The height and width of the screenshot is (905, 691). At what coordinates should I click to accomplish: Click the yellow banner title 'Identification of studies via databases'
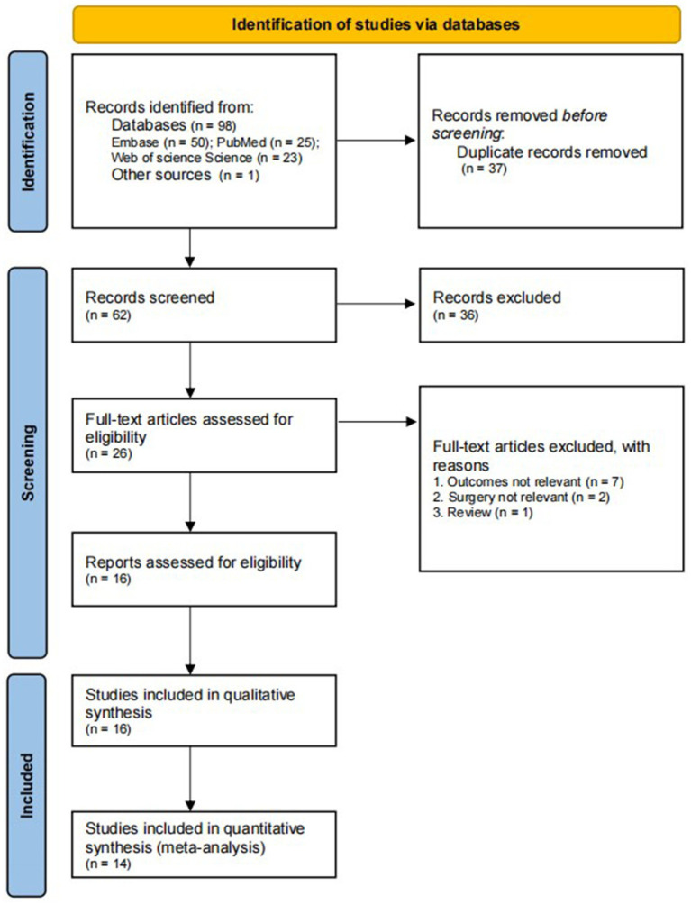(x=376, y=24)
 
